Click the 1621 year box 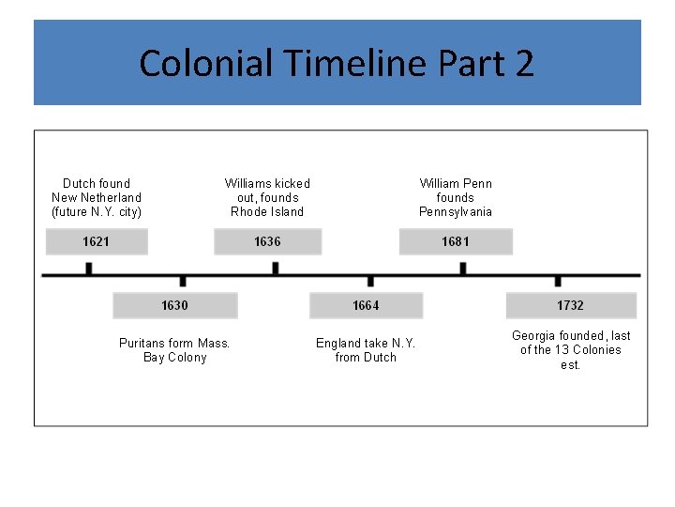97,242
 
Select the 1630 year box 174,306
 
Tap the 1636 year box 267,242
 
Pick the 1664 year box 366,306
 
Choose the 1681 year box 456,242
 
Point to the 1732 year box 570,306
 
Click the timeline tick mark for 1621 89,269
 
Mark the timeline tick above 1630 183,281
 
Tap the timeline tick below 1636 276,269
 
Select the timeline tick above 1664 370,281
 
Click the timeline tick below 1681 463,269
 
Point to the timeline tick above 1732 558,281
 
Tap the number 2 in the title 523,64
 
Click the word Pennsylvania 456,212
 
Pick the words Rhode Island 267,212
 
